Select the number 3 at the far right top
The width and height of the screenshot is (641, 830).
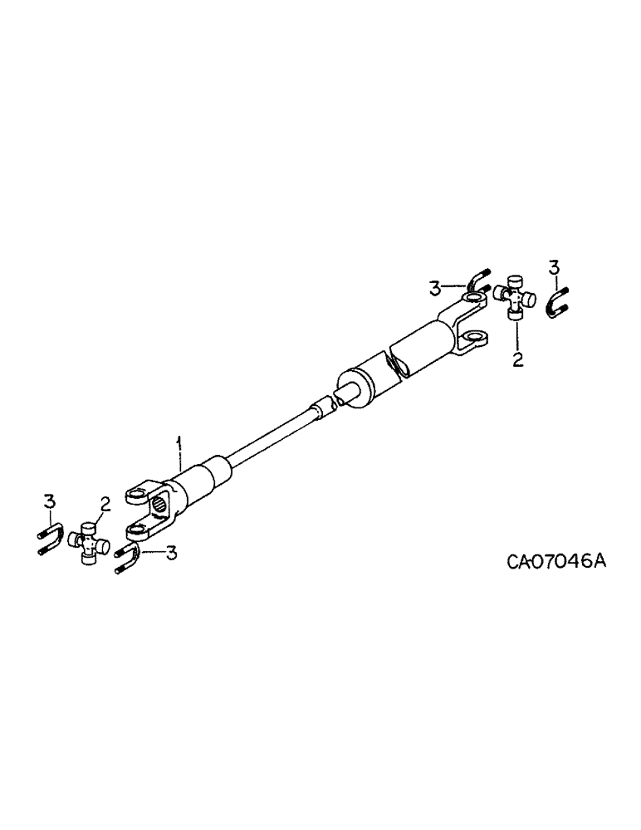pos(554,267)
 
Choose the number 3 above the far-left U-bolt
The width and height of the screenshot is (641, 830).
pos(49,500)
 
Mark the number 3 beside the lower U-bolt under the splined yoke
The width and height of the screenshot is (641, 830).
pos(172,553)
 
